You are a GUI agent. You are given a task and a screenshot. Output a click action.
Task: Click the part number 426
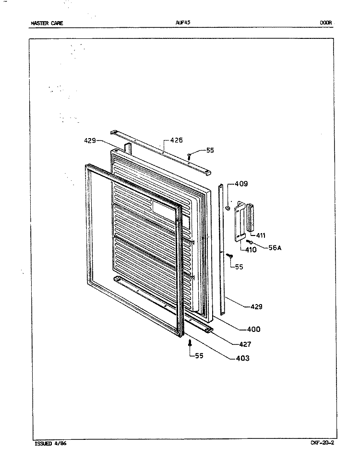pyautogui.click(x=176, y=140)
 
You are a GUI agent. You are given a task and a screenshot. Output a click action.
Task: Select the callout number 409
pyautogui.click(x=241, y=184)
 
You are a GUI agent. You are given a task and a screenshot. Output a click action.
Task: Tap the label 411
pyautogui.click(x=261, y=235)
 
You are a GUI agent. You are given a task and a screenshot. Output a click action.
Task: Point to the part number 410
pyautogui.click(x=251, y=249)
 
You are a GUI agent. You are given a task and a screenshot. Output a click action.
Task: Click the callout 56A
pyautogui.click(x=275, y=248)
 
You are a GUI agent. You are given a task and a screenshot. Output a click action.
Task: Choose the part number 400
pyautogui.click(x=253, y=329)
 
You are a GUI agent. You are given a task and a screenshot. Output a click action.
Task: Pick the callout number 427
pyautogui.click(x=245, y=344)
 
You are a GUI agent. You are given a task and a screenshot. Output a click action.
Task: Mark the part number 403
pyautogui.click(x=243, y=358)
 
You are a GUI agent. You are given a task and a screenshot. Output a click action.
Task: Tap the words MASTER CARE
pyautogui.click(x=47, y=23)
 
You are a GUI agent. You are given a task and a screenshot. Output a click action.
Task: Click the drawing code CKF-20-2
pyautogui.click(x=322, y=443)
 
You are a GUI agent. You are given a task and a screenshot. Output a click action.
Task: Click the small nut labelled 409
pyautogui.click(x=228, y=208)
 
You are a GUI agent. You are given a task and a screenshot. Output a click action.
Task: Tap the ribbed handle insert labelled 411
pyautogui.click(x=250, y=217)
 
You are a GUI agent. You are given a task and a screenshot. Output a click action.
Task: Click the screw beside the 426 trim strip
pyautogui.click(x=189, y=156)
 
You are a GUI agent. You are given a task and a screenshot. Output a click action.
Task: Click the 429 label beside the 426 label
pyautogui.click(x=90, y=140)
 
